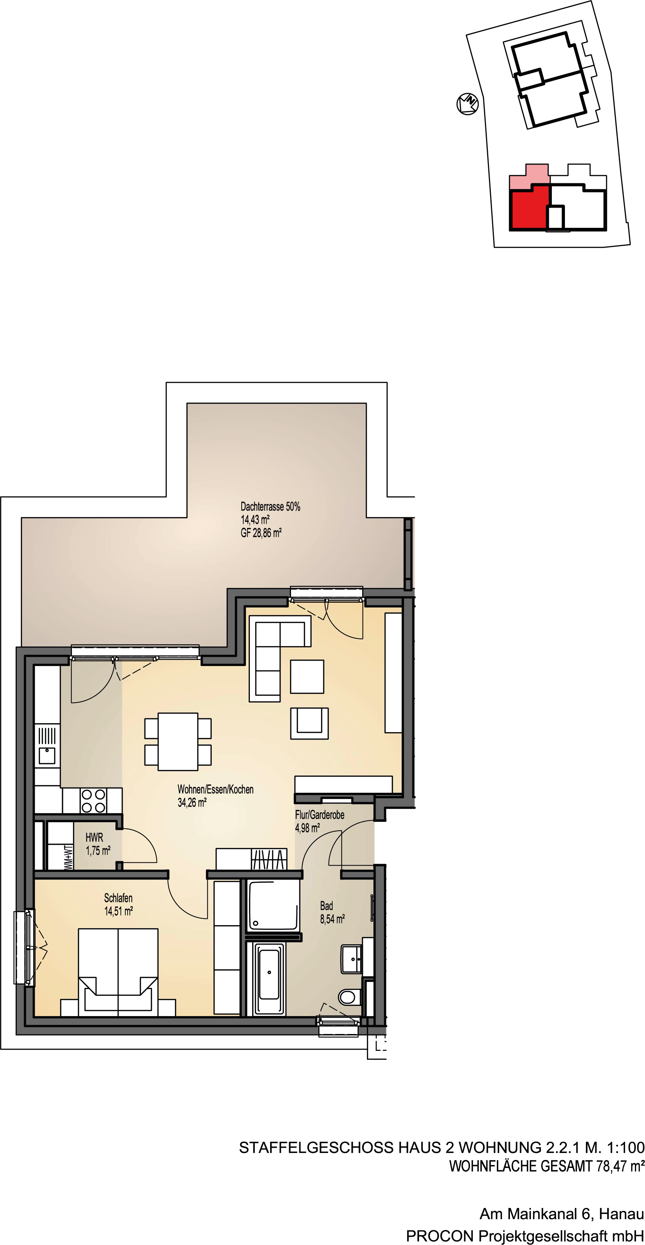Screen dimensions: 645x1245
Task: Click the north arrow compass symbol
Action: tap(468, 103)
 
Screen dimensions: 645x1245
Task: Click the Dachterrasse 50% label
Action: tap(270, 507)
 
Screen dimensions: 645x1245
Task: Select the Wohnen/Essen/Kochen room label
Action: tap(215, 789)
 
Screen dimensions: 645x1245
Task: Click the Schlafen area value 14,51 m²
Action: tap(119, 911)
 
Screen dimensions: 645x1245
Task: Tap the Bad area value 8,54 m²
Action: tap(332, 919)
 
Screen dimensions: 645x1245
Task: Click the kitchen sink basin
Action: tap(47, 755)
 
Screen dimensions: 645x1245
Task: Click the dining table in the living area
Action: tap(178, 741)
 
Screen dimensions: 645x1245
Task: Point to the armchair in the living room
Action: tap(309, 724)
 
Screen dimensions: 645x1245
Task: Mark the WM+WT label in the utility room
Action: tap(69, 857)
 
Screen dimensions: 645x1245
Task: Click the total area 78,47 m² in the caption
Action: tap(620, 1166)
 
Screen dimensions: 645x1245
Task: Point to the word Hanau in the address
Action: tap(621, 1214)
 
